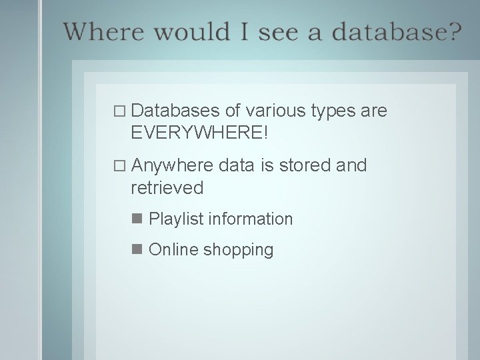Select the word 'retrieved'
[167, 188]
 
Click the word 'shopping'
[238, 251]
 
